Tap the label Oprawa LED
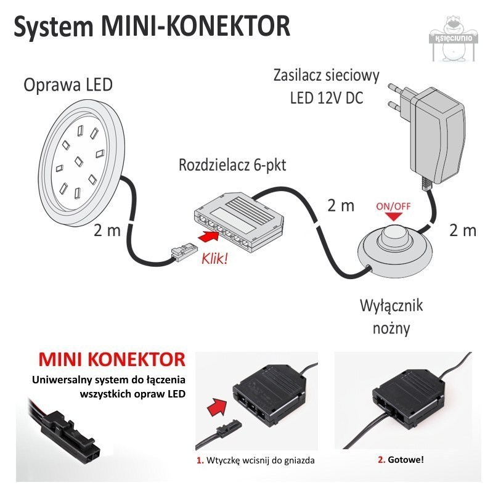pos(68,84)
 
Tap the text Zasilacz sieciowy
pos(326,76)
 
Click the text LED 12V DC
pos(326,98)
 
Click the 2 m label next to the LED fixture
pos(108,230)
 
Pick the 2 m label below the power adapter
pos(462,230)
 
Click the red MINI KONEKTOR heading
pos(112,359)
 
